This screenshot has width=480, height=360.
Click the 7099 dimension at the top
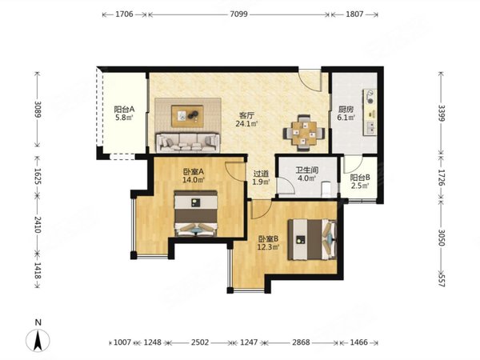click(238, 14)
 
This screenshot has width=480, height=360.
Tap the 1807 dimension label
click(354, 14)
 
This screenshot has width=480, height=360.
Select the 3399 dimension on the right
click(441, 113)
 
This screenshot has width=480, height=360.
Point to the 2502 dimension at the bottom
click(200, 342)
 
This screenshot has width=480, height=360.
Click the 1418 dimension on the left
click(38, 270)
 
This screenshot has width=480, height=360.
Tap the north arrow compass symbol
click(38, 340)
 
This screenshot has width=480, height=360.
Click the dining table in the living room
click(304, 133)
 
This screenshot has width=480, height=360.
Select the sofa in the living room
click(188, 142)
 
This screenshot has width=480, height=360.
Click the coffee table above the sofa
click(187, 116)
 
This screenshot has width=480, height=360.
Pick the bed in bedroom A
click(196, 214)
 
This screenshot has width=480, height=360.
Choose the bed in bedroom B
click(312, 239)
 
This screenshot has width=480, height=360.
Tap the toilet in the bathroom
click(326, 190)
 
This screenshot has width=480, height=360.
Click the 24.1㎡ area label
click(246, 124)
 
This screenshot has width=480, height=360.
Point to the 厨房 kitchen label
click(346, 110)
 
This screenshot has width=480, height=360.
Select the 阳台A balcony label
click(124, 110)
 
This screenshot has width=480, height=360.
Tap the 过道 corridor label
click(261, 174)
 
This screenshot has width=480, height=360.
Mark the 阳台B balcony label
click(360, 178)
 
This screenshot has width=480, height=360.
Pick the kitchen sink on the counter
click(370, 127)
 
